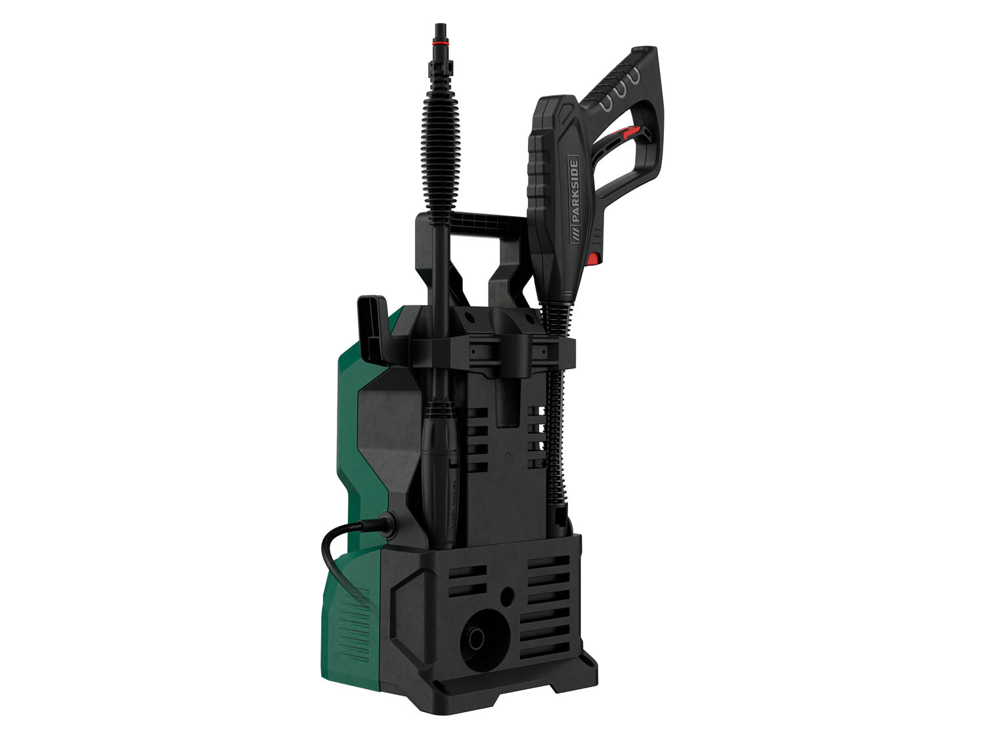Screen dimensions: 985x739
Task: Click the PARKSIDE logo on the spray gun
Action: click(x=576, y=200)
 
